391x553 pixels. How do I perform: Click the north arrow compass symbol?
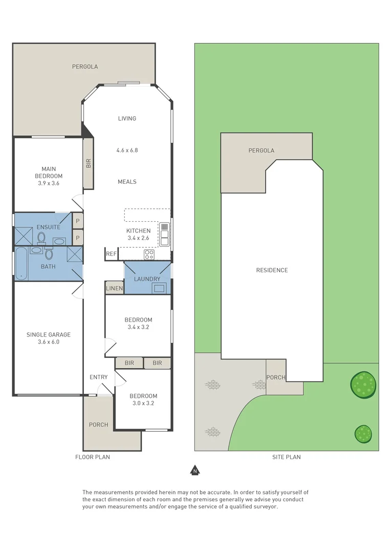tap(194, 470)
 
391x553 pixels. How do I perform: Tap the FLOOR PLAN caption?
tap(93, 457)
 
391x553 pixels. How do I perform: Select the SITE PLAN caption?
tap(286, 457)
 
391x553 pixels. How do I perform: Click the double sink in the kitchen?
tap(164, 234)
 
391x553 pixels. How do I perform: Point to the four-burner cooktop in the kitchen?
tap(149, 254)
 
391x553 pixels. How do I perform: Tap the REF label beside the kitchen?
tap(111, 254)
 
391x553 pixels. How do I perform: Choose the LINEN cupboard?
tap(114, 288)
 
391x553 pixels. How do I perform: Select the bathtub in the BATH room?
tap(21, 264)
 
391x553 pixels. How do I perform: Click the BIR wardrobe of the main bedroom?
tap(88, 163)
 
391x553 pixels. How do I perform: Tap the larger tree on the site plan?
tap(363, 383)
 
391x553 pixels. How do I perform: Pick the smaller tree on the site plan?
tap(363, 434)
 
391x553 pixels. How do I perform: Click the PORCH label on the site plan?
tap(276, 377)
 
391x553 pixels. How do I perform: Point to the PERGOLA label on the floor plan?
tap(85, 67)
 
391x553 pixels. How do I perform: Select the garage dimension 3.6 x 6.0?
tap(49, 342)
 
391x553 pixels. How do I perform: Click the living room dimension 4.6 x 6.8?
tap(127, 151)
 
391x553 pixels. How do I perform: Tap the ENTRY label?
tap(99, 377)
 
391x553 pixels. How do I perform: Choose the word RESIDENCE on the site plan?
tap(272, 270)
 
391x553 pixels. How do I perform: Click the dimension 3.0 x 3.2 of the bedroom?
tap(143, 403)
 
